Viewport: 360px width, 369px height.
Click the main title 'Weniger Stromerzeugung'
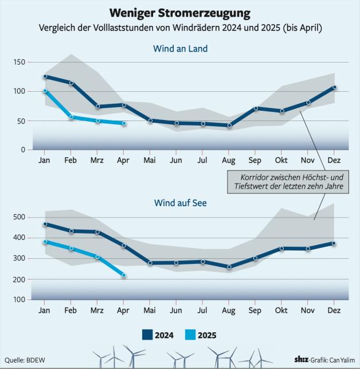(x=180, y=13)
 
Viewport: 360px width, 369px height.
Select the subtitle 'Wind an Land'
(x=180, y=49)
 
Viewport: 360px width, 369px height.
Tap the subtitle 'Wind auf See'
(x=180, y=203)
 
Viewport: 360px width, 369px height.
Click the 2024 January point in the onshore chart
(x=45, y=76)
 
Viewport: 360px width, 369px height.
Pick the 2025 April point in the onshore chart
(x=124, y=123)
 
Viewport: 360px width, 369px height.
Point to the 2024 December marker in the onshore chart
(x=334, y=87)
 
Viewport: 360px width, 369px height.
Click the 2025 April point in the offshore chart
(x=124, y=275)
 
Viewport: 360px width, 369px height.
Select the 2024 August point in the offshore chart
(x=229, y=267)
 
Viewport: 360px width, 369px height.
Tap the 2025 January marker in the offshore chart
(x=45, y=242)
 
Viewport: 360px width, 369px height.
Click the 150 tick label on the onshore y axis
(x=19, y=62)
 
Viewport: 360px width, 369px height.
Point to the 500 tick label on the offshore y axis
(x=19, y=217)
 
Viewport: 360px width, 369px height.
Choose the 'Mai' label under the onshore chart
(x=150, y=160)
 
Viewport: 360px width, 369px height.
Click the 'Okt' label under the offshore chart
(x=281, y=310)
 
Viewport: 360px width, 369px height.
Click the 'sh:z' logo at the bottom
(x=299, y=359)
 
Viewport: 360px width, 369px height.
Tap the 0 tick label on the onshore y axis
(x=22, y=150)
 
